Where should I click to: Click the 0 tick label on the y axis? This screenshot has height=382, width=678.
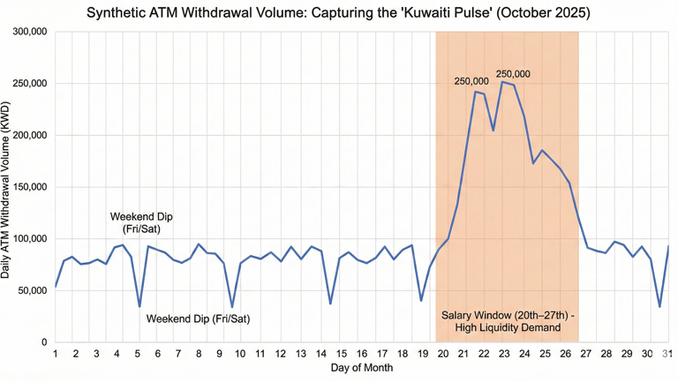43,342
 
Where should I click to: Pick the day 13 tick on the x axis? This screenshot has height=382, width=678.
300,354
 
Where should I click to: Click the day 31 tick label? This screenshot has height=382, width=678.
668,354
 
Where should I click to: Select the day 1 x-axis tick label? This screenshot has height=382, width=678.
56,354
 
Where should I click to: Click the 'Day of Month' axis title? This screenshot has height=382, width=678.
361,367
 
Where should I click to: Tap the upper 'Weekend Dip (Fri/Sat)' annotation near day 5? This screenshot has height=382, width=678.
141,222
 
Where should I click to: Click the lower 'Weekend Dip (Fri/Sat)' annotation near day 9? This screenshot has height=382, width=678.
198,318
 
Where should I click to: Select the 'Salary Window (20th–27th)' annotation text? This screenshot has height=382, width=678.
508,321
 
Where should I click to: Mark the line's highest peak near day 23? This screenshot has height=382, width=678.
502,82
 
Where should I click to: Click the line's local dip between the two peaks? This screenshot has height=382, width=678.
493,131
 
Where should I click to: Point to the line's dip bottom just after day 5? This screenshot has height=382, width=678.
139,307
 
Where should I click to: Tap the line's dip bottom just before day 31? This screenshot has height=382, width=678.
659,307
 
